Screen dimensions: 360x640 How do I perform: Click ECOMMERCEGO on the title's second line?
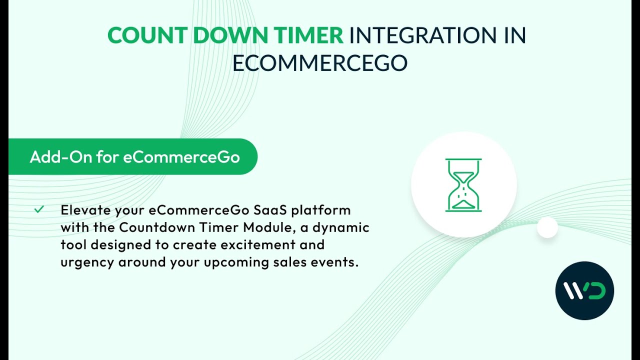point(320,63)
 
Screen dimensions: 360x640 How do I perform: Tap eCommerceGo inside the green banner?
point(181,157)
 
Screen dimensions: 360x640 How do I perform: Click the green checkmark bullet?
point(39,209)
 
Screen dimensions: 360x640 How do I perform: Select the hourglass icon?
point(463,185)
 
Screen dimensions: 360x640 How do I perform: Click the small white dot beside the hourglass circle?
point(547,227)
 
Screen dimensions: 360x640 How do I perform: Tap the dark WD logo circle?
point(584,290)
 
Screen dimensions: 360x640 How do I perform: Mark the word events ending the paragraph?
point(337,262)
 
